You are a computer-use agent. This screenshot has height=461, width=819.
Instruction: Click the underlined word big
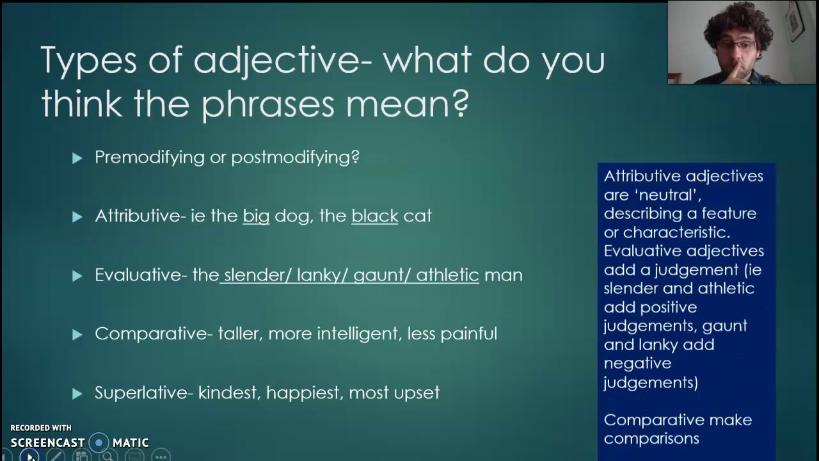[x=256, y=216]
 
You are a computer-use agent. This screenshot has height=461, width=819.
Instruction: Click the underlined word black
[x=375, y=216]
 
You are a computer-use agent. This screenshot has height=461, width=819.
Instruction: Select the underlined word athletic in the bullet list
[x=447, y=275]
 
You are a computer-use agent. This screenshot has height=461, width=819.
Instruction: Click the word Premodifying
[x=150, y=158]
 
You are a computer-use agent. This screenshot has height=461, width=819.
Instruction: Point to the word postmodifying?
[x=295, y=158]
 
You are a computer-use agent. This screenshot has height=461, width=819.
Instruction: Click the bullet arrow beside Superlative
[x=77, y=393]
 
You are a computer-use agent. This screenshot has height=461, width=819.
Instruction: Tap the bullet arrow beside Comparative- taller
[x=77, y=334]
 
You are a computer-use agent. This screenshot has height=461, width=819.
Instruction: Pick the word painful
[x=468, y=334]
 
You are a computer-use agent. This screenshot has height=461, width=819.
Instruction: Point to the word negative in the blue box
[x=637, y=363]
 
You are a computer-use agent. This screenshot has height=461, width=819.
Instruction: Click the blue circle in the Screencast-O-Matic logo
[x=99, y=442]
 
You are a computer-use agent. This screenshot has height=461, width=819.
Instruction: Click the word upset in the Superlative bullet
[x=417, y=393]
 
